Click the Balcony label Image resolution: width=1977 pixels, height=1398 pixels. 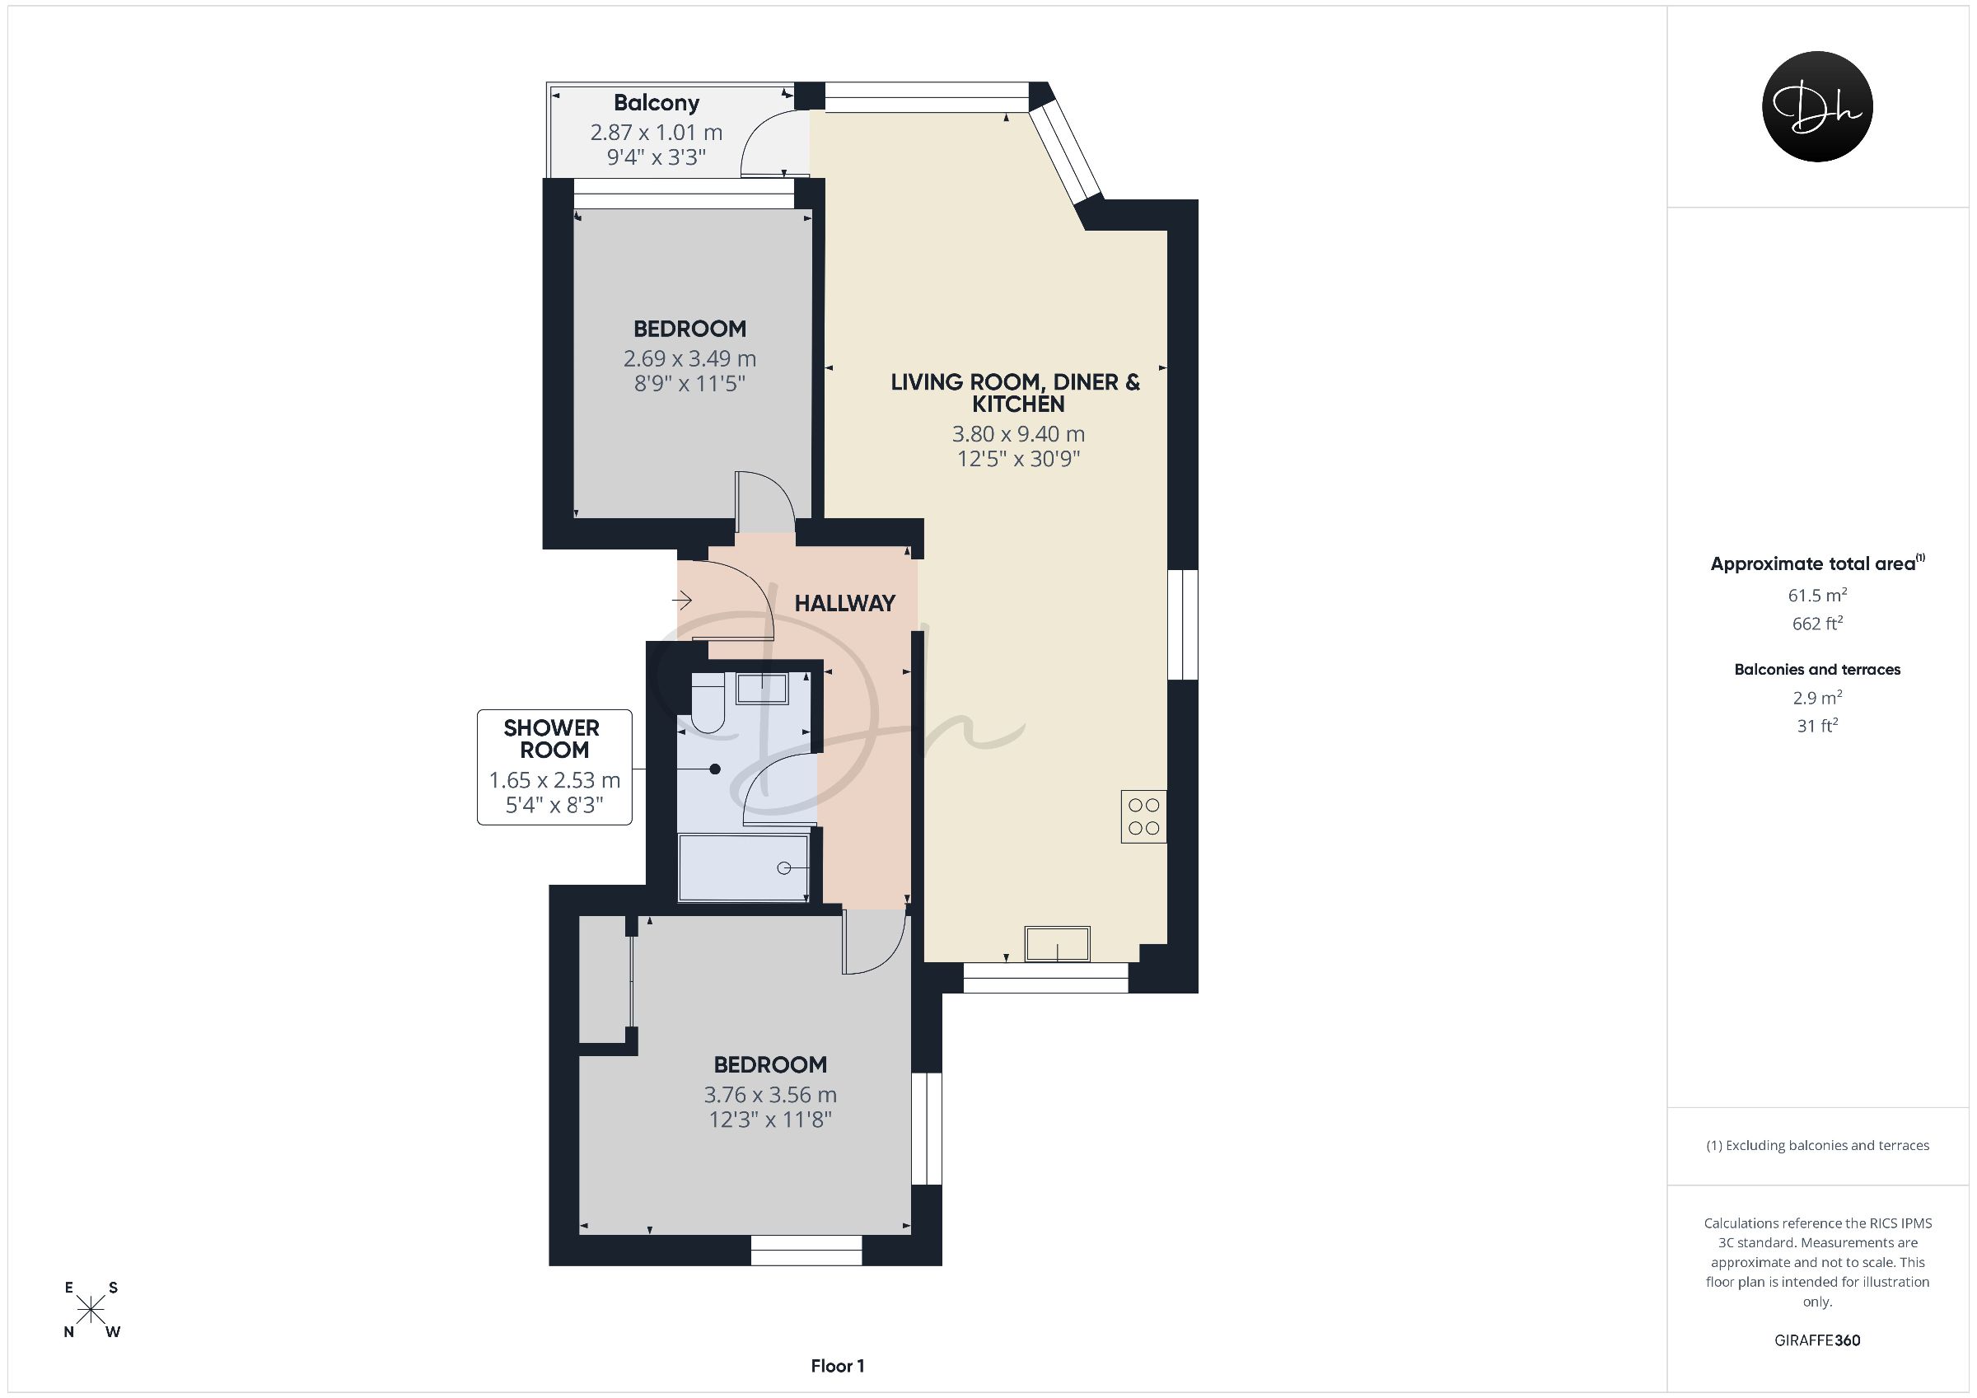coord(657,103)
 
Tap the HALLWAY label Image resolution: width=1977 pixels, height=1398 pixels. coord(844,603)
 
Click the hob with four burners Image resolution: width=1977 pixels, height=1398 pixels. coord(1143,816)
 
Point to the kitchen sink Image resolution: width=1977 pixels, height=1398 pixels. coord(1057,943)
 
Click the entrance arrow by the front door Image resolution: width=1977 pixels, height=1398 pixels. coord(682,599)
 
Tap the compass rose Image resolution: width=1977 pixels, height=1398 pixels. coord(91,1310)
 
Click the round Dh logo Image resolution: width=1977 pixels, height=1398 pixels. coord(1817,107)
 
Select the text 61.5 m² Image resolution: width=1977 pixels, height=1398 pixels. coord(1817,594)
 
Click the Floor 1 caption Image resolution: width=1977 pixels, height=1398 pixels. coord(837,1366)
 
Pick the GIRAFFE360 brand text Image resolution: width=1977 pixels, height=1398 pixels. coord(1817,1340)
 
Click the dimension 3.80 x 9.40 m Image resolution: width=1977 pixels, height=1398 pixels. coord(1018,434)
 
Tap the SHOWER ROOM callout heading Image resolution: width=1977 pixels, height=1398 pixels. coord(552,739)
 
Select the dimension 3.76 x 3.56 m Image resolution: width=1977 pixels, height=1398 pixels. coord(769,1095)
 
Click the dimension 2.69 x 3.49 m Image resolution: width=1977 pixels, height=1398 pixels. coord(689,358)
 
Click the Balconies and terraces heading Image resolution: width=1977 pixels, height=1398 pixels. coord(1817,669)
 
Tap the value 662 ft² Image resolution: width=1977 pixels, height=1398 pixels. coord(1817,623)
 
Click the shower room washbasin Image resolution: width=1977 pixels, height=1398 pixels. coord(761,688)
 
